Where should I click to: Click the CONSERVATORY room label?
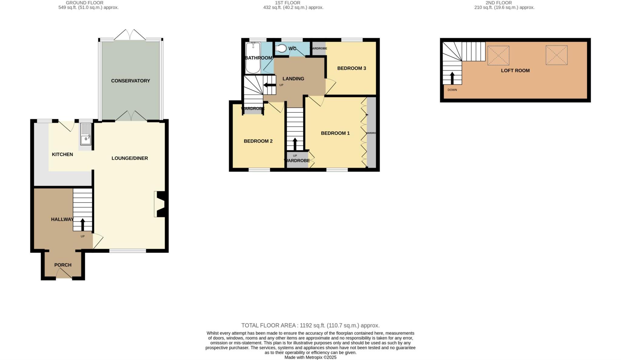[130, 81]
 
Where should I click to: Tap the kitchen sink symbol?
[86, 135]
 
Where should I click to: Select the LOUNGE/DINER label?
[129, 158]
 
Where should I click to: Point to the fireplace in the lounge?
[159, 204]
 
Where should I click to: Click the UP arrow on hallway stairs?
[82, 225]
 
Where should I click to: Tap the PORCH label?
[63, 265]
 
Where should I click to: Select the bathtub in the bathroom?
[253, 58]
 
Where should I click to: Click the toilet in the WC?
[281, 48]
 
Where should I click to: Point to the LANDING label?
[293, 79]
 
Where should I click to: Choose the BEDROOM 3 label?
[351, 68]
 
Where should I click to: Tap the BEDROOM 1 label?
[335, 133]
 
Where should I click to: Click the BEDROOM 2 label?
[258, 141]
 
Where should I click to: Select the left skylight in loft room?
[498, 55]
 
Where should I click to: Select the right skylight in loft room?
[556, 55]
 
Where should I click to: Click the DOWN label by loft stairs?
[452, 90]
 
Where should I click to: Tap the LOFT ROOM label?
[515, 71]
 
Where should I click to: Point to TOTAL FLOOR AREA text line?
[310, 325]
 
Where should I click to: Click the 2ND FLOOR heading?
[504, 3]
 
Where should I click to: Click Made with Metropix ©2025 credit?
[310, 357]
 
